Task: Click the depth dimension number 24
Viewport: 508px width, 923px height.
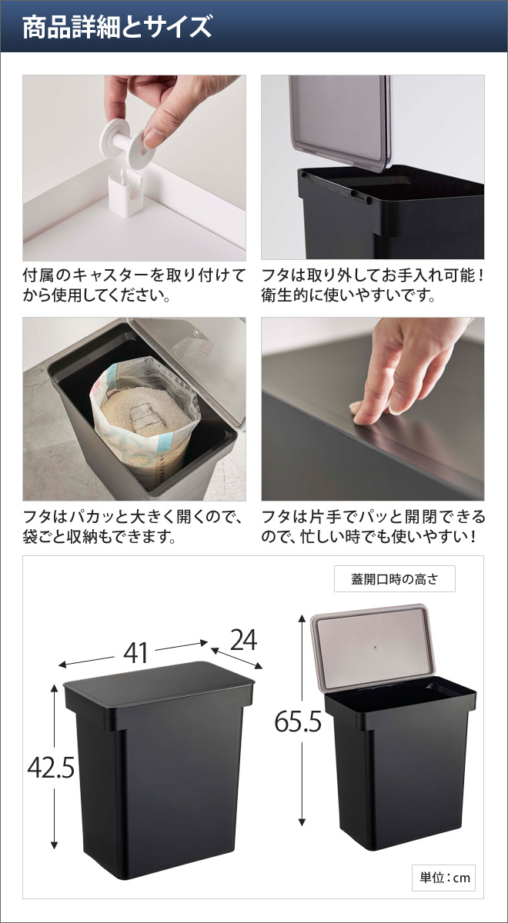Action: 242,640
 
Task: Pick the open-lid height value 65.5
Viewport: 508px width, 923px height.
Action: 299,721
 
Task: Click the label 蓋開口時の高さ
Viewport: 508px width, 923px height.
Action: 394,579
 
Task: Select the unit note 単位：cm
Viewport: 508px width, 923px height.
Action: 443,878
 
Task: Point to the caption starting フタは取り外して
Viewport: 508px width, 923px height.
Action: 373,285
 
